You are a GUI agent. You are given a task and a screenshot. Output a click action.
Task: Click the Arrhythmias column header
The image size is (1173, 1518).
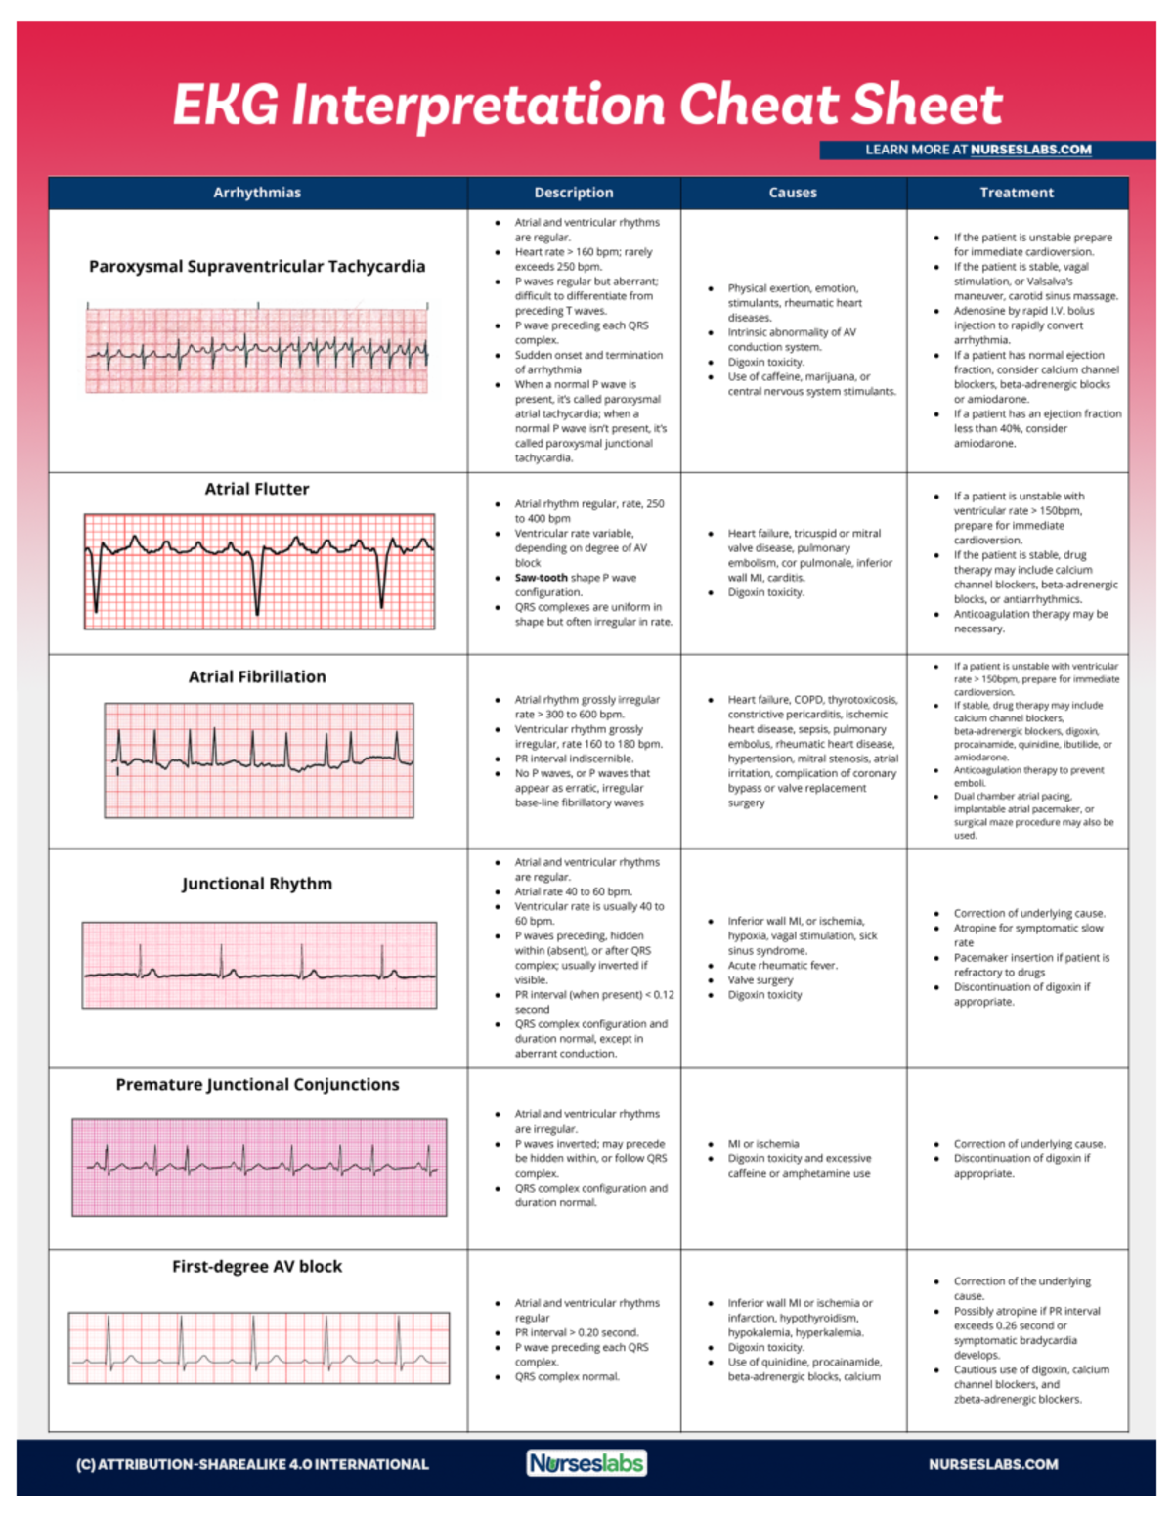tap(257, 193)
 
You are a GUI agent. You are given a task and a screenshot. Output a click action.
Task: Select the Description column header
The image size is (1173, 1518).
tap(574, 193)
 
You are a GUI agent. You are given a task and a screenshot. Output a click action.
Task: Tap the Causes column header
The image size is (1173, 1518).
tap(793, 193)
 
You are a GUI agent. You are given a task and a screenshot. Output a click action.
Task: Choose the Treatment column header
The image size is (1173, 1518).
tap(1017, 193)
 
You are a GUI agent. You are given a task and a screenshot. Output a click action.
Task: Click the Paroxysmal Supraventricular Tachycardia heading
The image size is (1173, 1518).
tap(257, 266)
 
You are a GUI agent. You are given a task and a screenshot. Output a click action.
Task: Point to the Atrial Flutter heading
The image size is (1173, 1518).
tap(257, 489)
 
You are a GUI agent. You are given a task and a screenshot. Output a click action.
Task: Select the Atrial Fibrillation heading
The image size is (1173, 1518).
tap(257, 676)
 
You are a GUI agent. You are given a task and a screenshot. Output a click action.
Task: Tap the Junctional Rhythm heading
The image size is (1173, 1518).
tap(257, 884)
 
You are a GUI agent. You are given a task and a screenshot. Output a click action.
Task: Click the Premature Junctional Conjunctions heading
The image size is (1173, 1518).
tap(257, 1084)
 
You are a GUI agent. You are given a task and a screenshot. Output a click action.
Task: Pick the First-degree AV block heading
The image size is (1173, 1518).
tap(257, 1266)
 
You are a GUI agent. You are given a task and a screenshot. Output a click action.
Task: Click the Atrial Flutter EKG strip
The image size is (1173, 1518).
tap(259, 572)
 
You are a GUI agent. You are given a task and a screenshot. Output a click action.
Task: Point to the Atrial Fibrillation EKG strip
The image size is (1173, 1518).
tap(259, 759)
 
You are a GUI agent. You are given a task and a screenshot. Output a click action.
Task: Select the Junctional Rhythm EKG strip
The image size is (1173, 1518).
tap(259, 965)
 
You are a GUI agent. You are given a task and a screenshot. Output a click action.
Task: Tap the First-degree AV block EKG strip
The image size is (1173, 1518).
tap(259, 1348)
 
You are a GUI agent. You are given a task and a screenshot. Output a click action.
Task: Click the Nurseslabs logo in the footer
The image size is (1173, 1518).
tap(586, 1463)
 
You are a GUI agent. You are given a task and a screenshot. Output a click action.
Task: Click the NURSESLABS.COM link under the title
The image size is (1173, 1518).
tap(1030, 150)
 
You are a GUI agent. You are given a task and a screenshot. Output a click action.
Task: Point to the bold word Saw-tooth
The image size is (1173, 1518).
tap(541, 578)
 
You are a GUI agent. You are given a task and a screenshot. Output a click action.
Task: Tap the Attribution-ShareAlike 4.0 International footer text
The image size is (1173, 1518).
tap(252, 1464)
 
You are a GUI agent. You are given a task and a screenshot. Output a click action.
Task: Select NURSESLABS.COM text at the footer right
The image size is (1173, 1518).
tap(993, 1464)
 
